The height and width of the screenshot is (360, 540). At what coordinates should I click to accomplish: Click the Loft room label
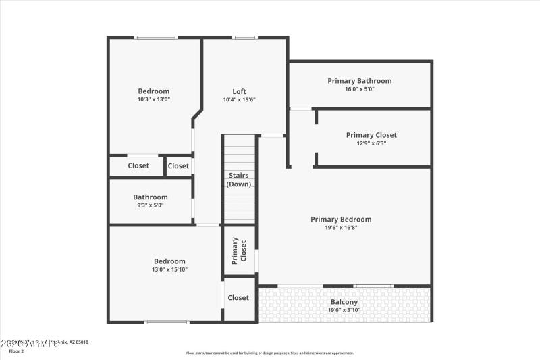(x=240, y=91)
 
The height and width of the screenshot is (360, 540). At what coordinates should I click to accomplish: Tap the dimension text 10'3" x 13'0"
(x=154, y=99)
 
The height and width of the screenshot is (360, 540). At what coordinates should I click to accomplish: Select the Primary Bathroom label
(x=360, y=81)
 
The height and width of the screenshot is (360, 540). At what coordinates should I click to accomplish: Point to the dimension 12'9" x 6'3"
(x=371, y=143)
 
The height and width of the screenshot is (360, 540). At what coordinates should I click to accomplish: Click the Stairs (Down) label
(x=240, y=180)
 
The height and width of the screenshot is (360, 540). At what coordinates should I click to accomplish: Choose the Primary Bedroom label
(x=341, y=219)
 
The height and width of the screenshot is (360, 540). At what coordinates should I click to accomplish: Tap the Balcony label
(x=344, y=302)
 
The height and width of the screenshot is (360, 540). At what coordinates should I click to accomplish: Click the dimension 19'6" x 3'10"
(x=344, y=310)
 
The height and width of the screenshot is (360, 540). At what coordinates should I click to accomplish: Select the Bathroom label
(x=151, y=197)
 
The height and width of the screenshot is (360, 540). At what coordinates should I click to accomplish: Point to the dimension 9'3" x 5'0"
(x=151, y=205)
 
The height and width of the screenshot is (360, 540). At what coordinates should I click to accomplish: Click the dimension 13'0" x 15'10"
(x=169, y=269)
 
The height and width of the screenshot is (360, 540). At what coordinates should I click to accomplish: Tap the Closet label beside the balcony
(x=238, y=297)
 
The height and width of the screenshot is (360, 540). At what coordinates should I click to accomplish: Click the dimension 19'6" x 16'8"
(x=341, y=227)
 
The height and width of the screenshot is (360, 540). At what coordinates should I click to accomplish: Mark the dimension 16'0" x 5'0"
(x=360, y=89)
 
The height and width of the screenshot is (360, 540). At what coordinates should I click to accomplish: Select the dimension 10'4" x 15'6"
(x=240, y=99)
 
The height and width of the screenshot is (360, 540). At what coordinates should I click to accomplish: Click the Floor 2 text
(x=16, y=351)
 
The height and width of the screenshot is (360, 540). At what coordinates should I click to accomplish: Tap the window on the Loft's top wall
(x=244, y=38)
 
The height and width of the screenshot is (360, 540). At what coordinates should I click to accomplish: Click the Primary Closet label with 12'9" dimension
(x=371, y=135)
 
